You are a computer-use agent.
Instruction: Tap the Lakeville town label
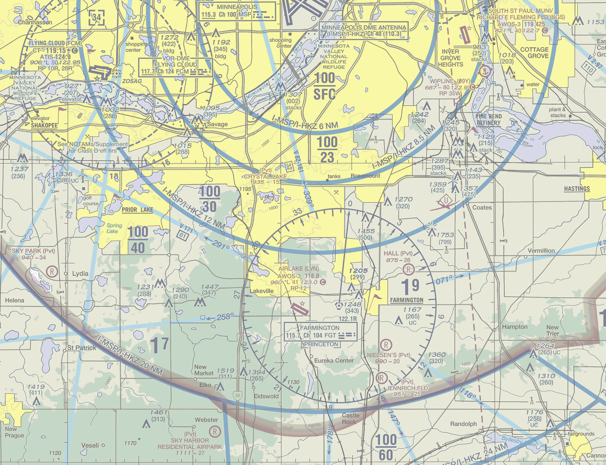(x=262, y=291)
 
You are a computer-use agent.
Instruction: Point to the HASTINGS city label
(x=577, y=189)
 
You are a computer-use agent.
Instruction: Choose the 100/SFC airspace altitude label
(x=325, y=86)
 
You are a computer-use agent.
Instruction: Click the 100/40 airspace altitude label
(x=138, y=240)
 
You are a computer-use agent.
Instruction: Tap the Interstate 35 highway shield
(x=238, y=396)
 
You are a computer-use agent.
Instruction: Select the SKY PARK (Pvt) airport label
(x=33, y=251)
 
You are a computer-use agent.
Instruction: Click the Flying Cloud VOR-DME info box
(x=176, y=67)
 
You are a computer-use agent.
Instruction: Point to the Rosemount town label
(x=365, y=176)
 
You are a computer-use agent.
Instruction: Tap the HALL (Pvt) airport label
(x=398, y=253)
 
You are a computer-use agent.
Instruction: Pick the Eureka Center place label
(x=334, y=360)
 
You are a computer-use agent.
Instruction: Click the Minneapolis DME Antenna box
(x=364, y=31)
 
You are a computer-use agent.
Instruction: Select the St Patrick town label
(x=82, y=348)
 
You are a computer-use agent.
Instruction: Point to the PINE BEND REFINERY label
(x=489, y=120)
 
